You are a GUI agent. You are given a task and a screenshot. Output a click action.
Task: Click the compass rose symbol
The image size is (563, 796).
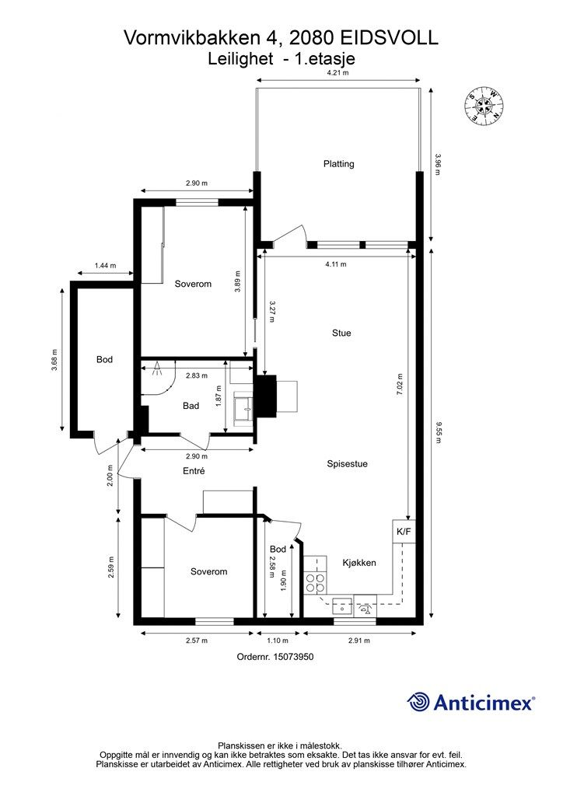(x=484, y=106)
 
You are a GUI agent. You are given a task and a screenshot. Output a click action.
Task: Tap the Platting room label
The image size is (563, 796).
(x=338, y=164)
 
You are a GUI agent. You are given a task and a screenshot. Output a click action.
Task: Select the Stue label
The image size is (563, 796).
(x=341, y=333)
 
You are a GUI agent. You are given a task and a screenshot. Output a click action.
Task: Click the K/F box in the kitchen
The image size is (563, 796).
(x=404, y=532)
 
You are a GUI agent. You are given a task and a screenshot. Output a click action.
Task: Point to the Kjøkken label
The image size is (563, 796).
(x=359, y=563)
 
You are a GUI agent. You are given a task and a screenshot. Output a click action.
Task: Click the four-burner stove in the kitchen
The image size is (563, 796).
(x=315, y=583)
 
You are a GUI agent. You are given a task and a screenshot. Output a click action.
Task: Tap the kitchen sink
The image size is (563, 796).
(x=343, y=606)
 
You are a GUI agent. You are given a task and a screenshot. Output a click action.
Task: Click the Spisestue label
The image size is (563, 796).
(x=348, y=463)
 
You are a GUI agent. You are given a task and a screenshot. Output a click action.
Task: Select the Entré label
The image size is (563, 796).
(x=194, y=471)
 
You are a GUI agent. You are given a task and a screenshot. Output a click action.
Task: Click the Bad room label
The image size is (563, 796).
(x=191, y=406)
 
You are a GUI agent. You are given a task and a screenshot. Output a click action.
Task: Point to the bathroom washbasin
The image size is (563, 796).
(x=243, y=408)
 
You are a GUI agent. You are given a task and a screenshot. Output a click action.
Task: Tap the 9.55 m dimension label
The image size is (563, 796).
(x=438, y=433)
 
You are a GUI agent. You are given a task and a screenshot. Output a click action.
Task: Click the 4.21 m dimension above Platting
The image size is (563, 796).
(x=338, y=72)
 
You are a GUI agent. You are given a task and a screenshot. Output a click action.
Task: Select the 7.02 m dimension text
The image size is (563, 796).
(x=400, y=384)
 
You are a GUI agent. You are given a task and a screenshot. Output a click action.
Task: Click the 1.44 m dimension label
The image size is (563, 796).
(x=105, y=266)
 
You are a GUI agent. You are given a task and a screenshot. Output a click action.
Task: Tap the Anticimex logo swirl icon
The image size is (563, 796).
(x=418, y=702)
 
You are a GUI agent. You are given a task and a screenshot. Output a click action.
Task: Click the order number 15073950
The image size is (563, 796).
(x=293, y=656)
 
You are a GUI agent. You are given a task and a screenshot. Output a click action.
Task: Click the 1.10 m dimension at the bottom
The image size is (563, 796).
(x=278, y=641)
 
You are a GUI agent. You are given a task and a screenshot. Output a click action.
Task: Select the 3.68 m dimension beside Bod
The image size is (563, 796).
(x=54, y=359)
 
